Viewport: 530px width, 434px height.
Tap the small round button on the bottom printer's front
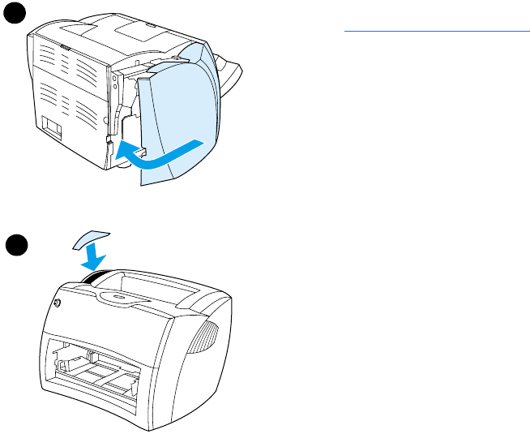tap(57, 304)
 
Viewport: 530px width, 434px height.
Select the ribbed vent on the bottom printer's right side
tap(207, 334)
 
